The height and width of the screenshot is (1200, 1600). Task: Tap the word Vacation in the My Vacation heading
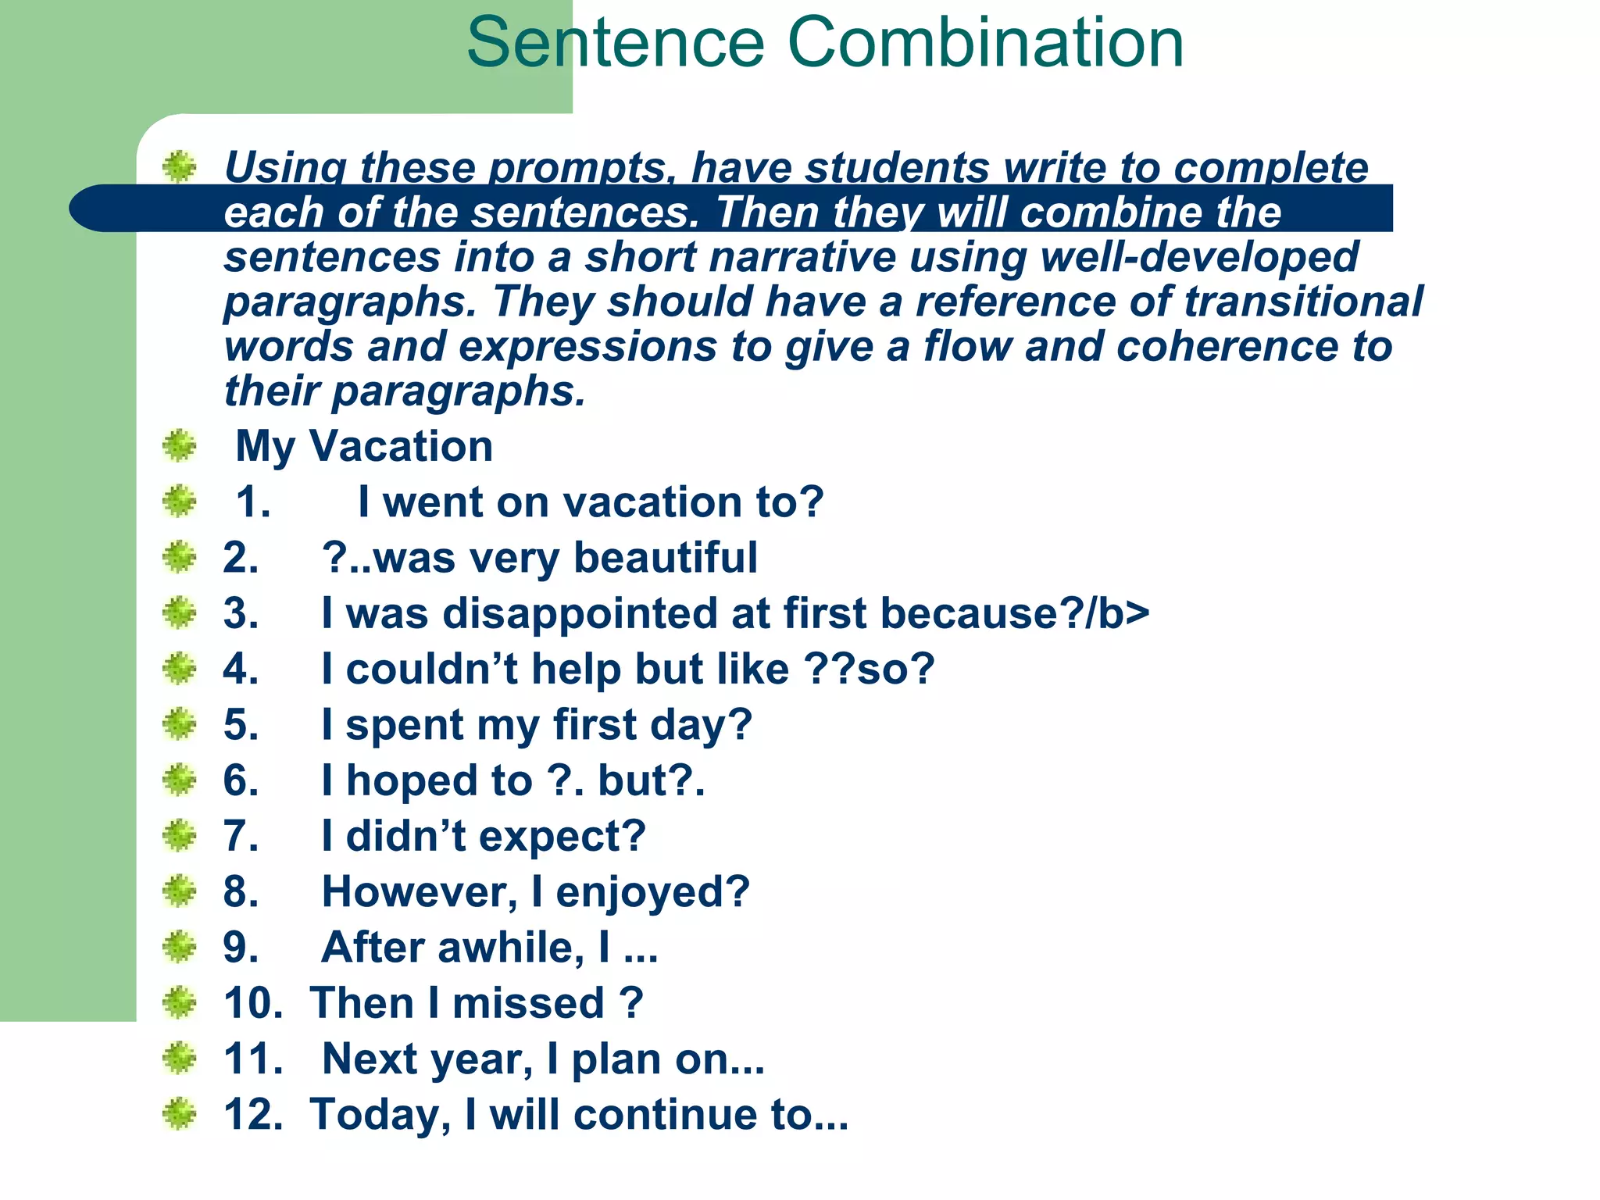[x=402, y=446]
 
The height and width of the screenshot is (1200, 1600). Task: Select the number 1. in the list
[x=253, y=502]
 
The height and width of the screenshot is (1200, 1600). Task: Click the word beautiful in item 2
[x=665, y=558]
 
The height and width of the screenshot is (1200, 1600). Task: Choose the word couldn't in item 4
[x=431, y=670]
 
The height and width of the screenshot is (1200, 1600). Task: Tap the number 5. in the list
[x=241, y=725]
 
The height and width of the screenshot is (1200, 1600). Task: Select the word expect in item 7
[x=554, y=837]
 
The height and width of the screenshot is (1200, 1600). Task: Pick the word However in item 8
[x=419, y=892]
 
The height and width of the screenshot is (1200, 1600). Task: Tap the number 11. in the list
[x=253, y=1059]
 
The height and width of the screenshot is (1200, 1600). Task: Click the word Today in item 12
[x=380, y=1115]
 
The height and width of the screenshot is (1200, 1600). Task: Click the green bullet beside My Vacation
[x=180, y=446]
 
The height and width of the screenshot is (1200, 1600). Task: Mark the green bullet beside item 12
[x=180, y=1115]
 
